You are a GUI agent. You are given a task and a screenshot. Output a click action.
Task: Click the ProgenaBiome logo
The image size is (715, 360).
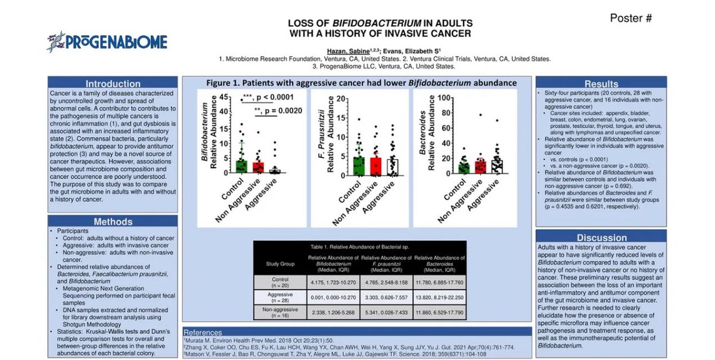(107, 41)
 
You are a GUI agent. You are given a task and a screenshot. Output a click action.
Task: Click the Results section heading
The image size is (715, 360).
(601, 84)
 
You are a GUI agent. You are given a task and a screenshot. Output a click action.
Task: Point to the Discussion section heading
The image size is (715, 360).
(601, 237)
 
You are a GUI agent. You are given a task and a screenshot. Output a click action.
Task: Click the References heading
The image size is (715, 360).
(206, 332)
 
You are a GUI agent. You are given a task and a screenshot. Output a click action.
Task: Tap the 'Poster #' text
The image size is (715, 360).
(630, 18)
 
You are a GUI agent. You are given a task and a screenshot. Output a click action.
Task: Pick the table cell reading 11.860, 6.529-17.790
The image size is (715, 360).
(439, 311)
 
